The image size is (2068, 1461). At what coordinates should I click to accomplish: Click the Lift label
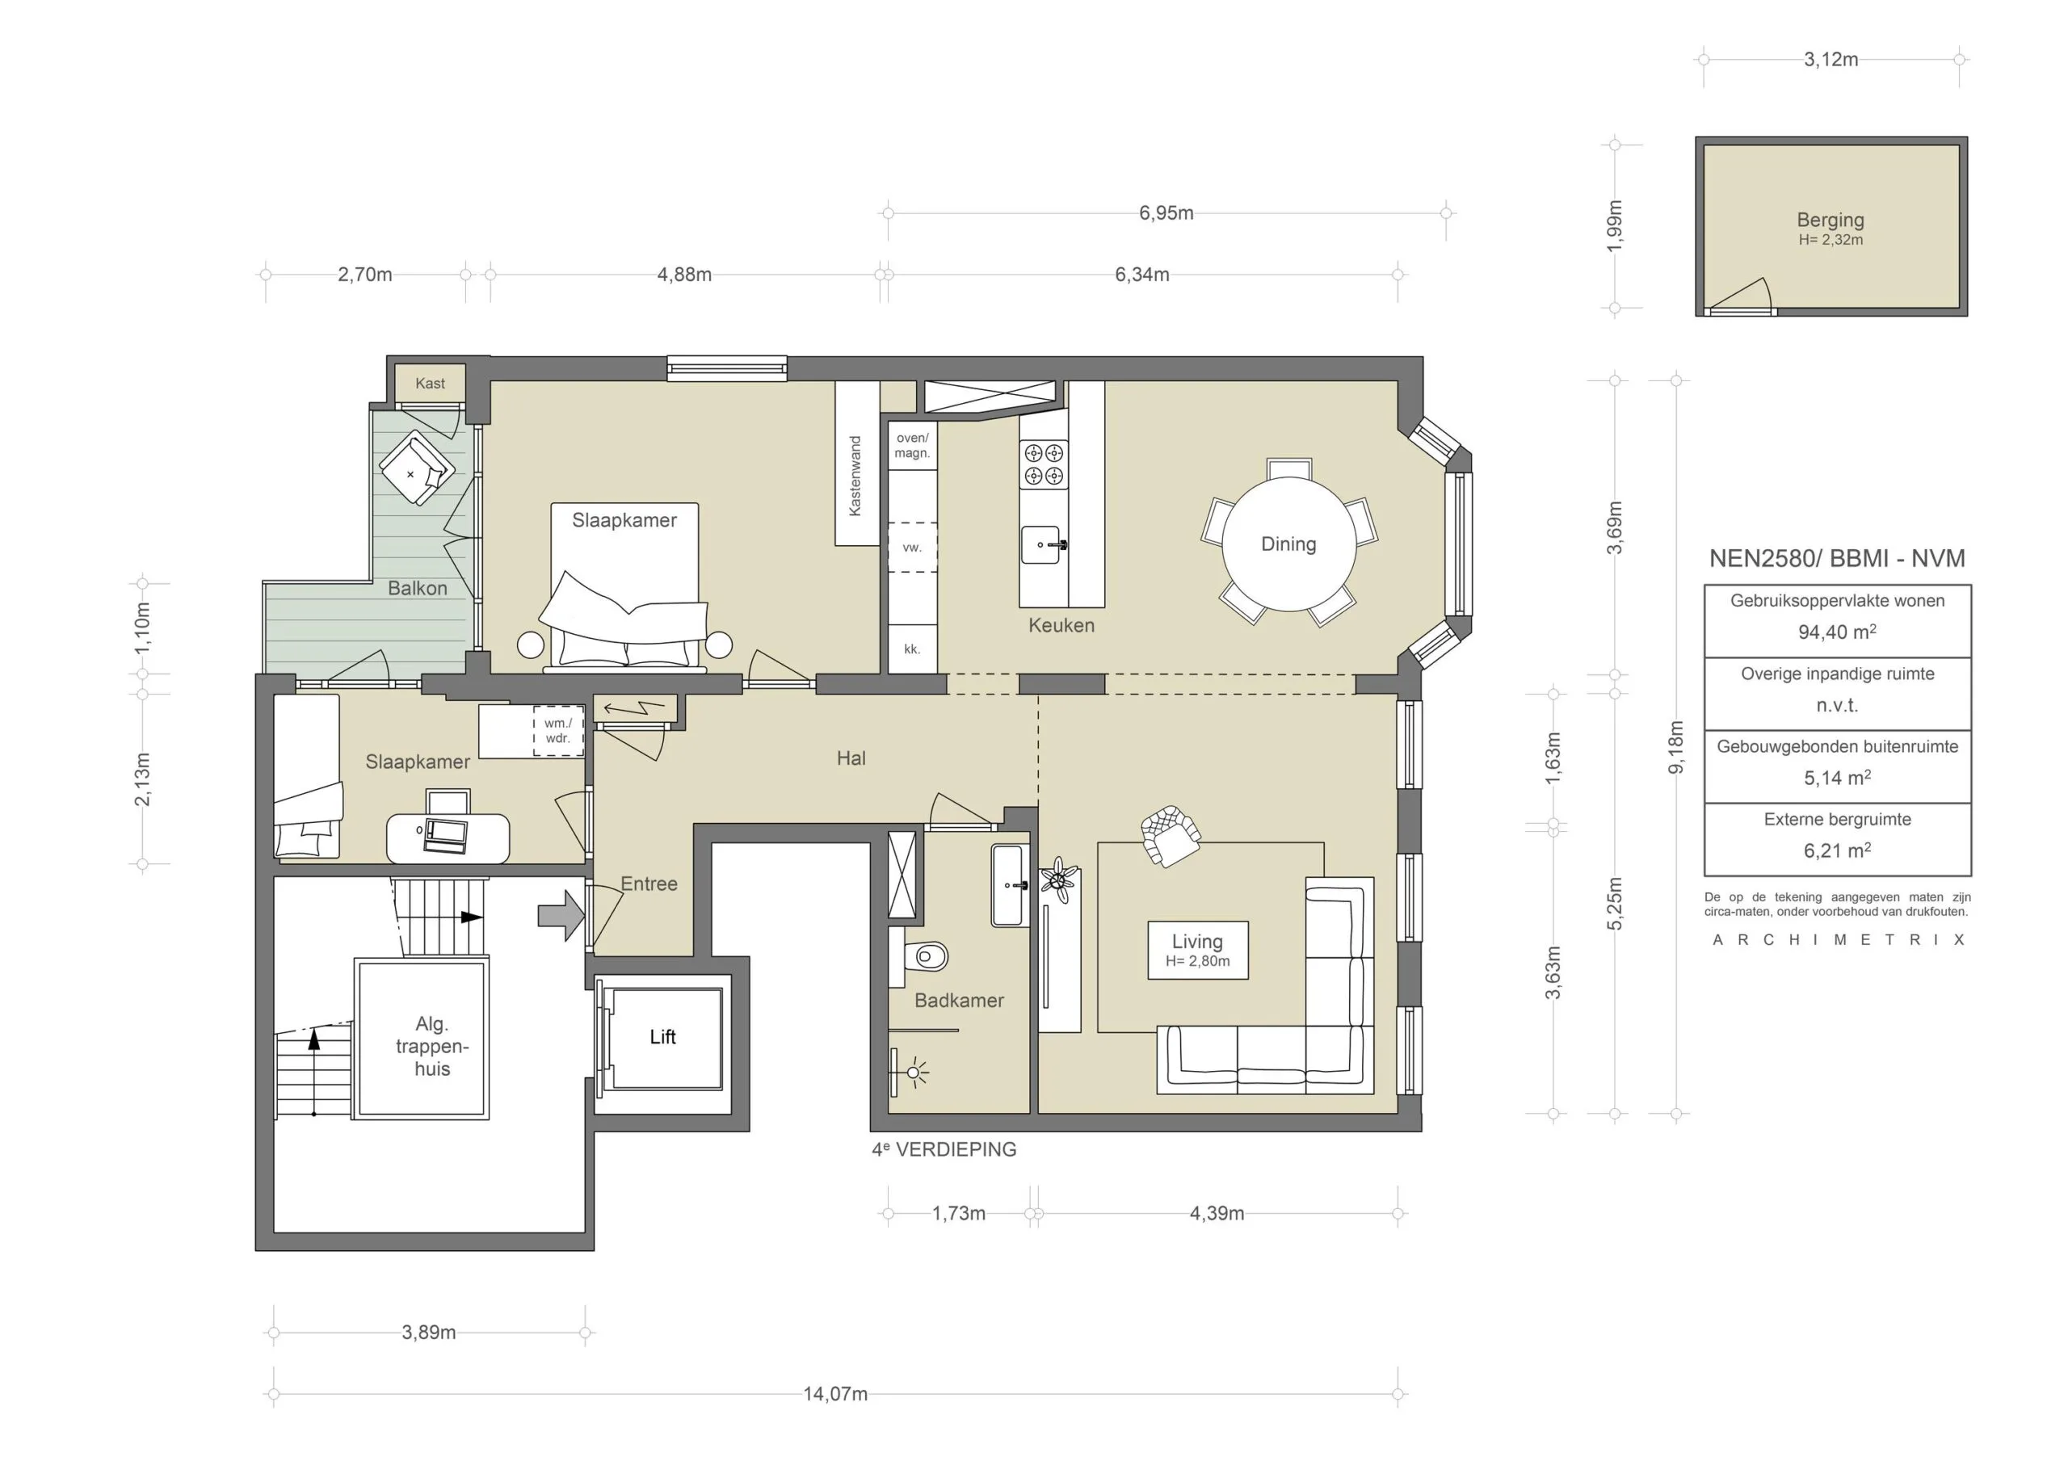click(663, 1037)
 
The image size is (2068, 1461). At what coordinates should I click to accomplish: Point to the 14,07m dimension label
click(835, 1394)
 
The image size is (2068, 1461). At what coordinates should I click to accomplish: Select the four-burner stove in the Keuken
click(1043, 464)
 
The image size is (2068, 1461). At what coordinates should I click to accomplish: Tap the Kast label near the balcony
click(430, 384)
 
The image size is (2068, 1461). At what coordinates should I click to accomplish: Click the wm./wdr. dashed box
click(558, 730)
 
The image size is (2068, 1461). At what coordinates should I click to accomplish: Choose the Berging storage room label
click(1830, 220)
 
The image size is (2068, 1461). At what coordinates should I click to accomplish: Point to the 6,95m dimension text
click(1166, 213)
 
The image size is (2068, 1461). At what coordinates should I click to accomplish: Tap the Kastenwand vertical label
click(855, 476)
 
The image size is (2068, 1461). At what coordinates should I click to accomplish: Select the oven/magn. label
click(911, 446)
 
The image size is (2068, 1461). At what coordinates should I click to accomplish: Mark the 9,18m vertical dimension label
click(1675, 747)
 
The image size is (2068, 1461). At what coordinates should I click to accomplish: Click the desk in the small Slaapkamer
click(448, 837)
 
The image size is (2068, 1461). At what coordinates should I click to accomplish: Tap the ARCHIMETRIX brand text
click(1838, 939)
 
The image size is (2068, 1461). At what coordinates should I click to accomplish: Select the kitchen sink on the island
click(1042, 545)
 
